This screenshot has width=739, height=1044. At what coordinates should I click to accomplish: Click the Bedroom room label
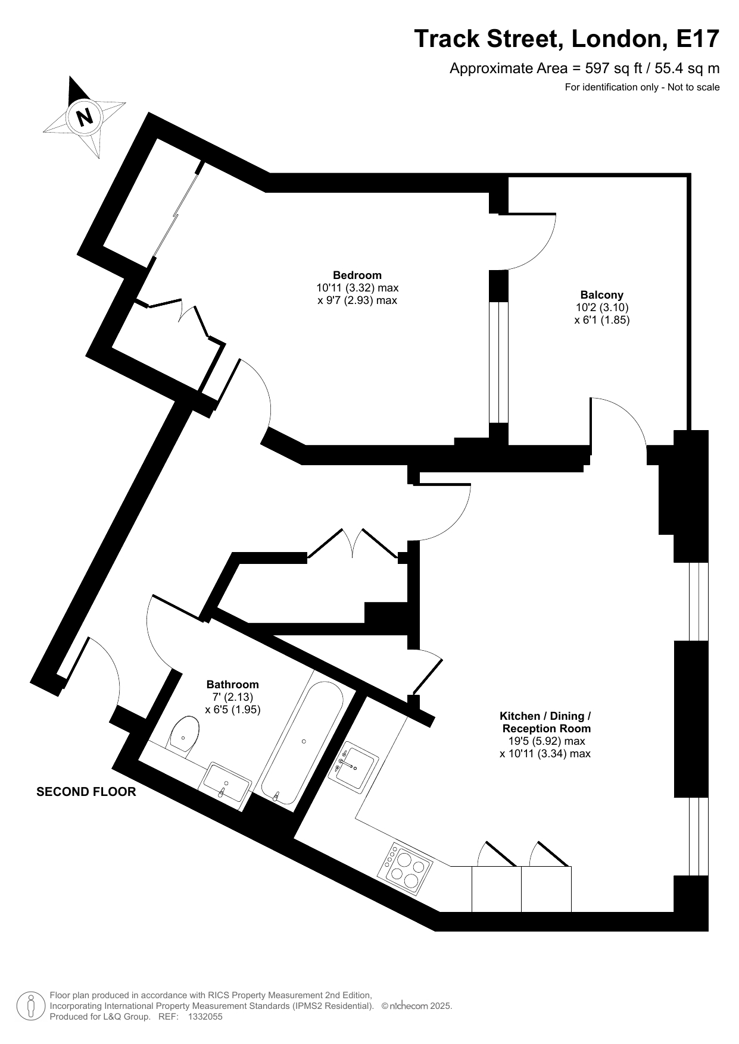tap(357, 275)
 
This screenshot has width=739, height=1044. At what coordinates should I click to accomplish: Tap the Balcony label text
tap(601, 294)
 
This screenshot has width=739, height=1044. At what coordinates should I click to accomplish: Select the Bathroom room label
tap(232, 685)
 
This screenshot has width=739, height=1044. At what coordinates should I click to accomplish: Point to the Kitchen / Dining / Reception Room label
tap(545, 722)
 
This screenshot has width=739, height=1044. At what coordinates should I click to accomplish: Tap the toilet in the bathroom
tap(184, 736)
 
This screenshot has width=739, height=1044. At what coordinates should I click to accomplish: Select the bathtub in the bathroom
tap(302, 741)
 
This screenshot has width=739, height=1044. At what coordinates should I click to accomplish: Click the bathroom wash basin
tap(227, 783)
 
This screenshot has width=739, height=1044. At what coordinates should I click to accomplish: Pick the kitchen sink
tap(353, 766)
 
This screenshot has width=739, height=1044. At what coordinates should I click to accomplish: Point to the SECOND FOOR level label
tap(86, 792)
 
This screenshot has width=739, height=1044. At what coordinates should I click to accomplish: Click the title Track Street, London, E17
tap(567, 39)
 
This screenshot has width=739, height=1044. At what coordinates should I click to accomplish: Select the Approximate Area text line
tap(585, 68)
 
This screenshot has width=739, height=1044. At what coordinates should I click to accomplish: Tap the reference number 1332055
tap(205, 1017)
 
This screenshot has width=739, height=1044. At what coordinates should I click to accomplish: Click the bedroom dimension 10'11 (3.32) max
tap(357, 288)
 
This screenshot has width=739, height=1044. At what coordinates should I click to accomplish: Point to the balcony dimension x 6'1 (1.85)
tap(602, 319)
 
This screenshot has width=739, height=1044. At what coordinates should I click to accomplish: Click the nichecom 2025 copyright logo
tap(417, 1006)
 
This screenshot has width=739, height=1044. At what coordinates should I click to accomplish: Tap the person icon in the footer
tap(30, 1006)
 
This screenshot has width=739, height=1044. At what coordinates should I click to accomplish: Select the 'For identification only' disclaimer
tap(643, 87)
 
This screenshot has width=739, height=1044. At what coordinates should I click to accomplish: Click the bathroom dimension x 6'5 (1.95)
tap(233, 710)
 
